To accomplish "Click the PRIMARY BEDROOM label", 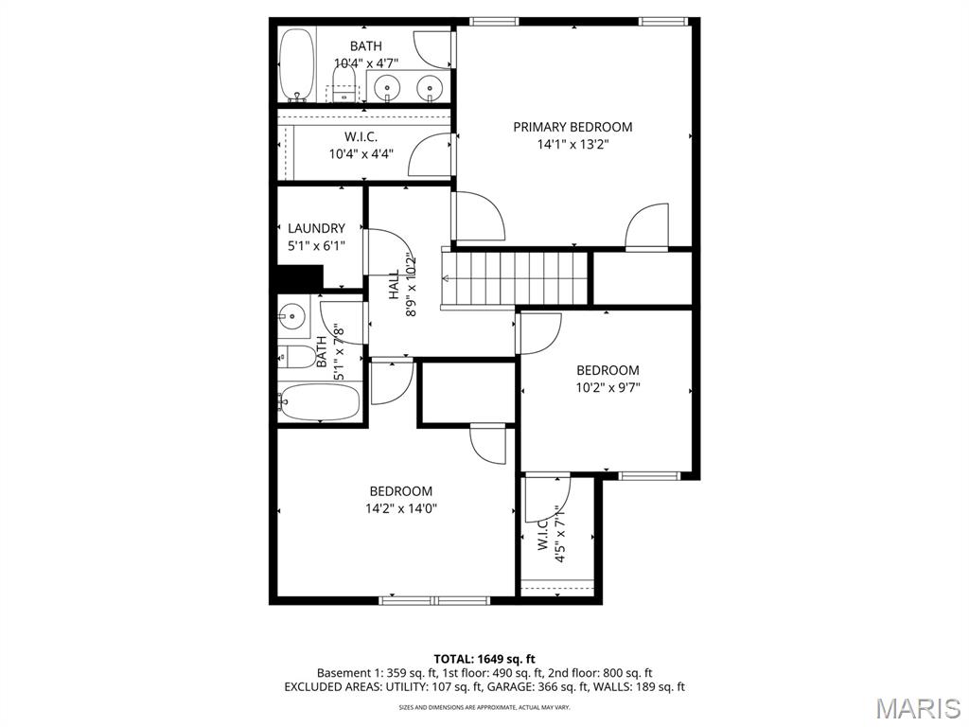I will (573, 127).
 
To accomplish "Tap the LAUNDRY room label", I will (316, 228).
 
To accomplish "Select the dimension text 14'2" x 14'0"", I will (400, 508).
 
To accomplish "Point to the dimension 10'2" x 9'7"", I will (608, 387).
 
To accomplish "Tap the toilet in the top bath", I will (345, 81).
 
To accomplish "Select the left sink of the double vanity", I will (387, 87).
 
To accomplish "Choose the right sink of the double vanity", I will (432, 87).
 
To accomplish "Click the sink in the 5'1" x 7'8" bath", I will (292, 315).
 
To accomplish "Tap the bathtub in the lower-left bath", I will (320, 402).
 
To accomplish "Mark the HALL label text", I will (393, 286).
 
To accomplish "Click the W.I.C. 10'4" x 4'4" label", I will (361, 145).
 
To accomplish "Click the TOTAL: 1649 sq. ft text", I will (484, 659).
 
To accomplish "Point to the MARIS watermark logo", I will (917, 707).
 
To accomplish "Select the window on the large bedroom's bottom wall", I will (434, 599).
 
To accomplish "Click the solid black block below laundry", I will (299, 277).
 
